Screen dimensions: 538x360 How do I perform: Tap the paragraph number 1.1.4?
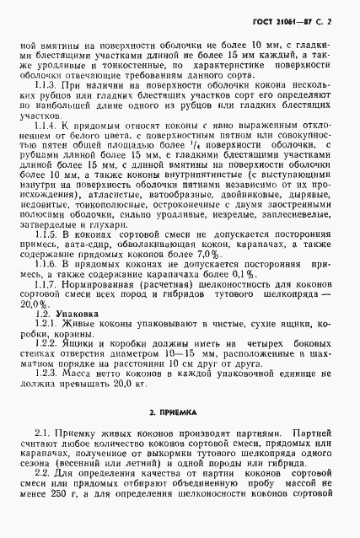61,126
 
